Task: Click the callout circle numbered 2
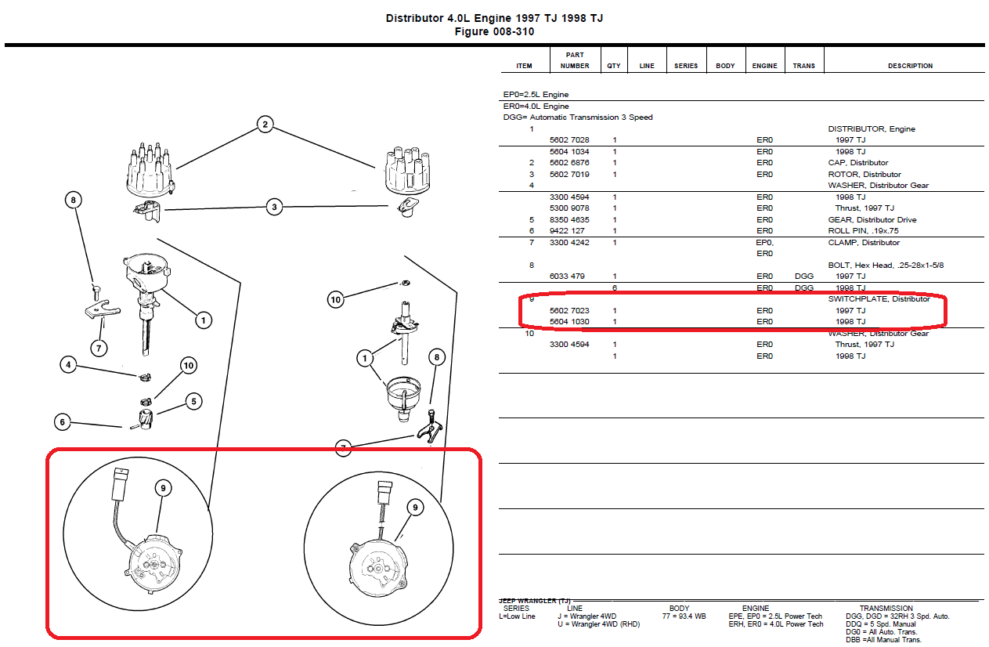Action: click(x=265, y=124)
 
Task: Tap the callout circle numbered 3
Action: click(x=274, y=207)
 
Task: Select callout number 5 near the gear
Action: click(x=194, y=402)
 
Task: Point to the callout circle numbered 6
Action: click(x=63, y=422)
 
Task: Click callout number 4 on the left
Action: click(x=68, y=365)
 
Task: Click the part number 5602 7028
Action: click(x=569, y=140)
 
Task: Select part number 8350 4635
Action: click(x=569, y=219)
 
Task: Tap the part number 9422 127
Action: click(x=567, y=230)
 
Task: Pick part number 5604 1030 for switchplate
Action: click(x=569, y=321)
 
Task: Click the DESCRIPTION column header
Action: click(x=911, y=66)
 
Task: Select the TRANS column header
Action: click(x=803, y=66)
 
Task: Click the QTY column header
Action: click(x=614, y=66)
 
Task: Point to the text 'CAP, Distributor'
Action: click(x=858, y=162)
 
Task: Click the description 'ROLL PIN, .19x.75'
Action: click(x=863, y=230)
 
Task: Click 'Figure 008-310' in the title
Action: click(x=494, y=32)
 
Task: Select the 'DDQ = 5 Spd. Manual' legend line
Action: click(x=880, y=624)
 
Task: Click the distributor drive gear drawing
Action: click(x=146, y=419)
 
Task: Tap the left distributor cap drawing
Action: click(x=150, y=170)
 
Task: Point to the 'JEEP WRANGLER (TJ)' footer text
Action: click(x=535, y=601)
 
